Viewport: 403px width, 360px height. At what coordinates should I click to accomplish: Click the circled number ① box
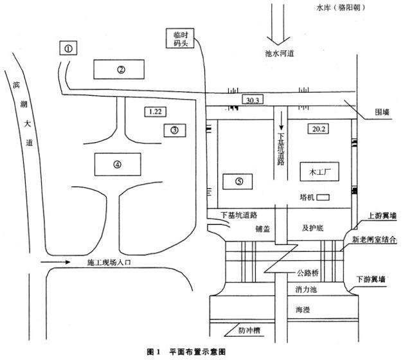[68, 48]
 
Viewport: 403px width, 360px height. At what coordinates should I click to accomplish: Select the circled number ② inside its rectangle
[120, 69]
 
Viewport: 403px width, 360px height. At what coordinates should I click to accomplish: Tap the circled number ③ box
[174, 130]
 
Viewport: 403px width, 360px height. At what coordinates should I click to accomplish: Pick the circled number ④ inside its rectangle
[117, 164]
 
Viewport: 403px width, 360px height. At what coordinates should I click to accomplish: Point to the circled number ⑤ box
[238, 181]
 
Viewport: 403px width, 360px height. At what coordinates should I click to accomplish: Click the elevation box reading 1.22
[154, 112]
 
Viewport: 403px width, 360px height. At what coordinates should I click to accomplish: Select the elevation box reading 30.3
[252, 100]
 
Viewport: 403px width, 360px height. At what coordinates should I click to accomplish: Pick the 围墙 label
[384, 111]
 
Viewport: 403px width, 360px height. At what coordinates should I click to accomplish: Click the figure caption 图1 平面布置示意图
[187, 352]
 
